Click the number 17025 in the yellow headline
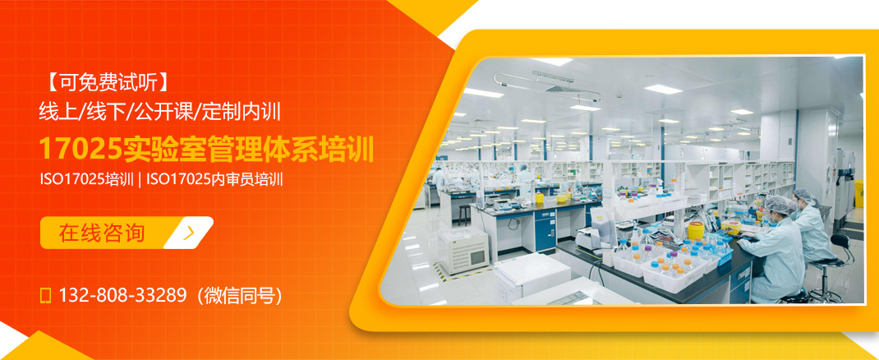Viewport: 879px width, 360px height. coord(81,150)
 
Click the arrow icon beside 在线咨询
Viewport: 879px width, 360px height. coord(190,233)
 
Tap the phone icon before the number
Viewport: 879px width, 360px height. coord(46,294)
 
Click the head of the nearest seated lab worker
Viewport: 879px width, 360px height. coord(777,206)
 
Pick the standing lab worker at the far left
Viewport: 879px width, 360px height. coord(439,178)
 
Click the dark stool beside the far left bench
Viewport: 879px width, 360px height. coord(465,213)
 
